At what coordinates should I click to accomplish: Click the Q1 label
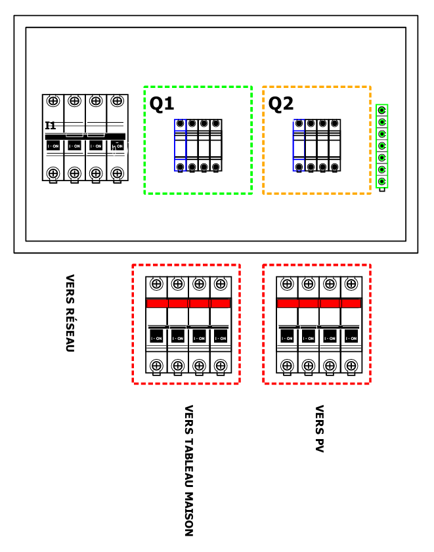pyautogui.click(x=162, y=104)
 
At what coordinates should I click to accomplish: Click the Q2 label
pyautogui.click(x=280, y=104)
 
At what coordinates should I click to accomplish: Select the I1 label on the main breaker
pyautogui.click(x=51, y=125)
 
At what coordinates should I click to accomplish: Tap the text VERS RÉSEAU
pyautogui.click(x=70, y=312)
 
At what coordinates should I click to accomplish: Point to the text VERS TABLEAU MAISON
pyautogui.click(x=188, y=470)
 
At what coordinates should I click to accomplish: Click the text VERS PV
pyautogui.click(x=319, y=429)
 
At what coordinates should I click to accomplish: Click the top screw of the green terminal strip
pyautogui.click(x=381, y=110)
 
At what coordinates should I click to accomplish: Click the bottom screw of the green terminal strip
pyautogui.click(x=381, y=180)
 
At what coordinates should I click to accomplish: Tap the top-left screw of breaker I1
pyautogui.click(x=53, y=101)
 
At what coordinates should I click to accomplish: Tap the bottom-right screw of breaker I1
pyautogui.click(x=117, y=173)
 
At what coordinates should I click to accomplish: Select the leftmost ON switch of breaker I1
pyautogui.click(x=53, y=146)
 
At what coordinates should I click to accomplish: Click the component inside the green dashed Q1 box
pyautogui.click(x=198, y=145)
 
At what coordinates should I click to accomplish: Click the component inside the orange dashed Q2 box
pyautogui.click(x=317, y=145)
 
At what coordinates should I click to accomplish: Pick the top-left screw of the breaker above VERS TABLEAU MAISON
pyautogui.click(x=156, y=284)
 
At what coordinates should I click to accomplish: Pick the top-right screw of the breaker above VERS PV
pyautogui.click(x=351, y=284)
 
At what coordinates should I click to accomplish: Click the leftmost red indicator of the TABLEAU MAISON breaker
pyautogui.click(x=156, y=303)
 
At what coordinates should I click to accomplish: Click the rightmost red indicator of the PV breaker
pyautogui.click(x=351, y=303)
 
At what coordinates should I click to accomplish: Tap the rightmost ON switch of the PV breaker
pyautogui.click(x=351, y=337)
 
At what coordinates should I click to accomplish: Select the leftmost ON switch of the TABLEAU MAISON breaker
pyautogui.click(x=156, y=337)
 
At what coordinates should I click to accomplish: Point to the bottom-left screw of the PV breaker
pyautogui.click(x=287, y=366)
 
